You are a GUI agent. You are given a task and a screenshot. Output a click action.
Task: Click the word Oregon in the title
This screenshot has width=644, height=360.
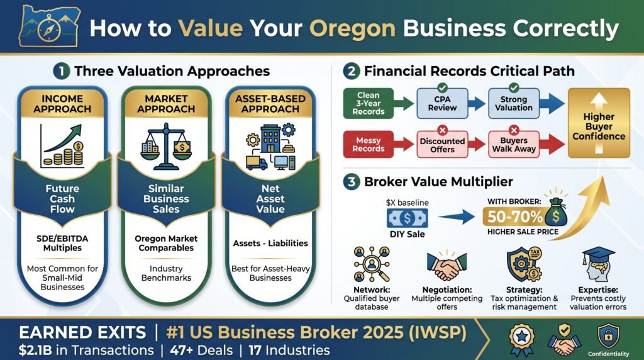point(352,29)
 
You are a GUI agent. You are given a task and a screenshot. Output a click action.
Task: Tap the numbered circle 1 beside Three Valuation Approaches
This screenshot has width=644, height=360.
point(62,71)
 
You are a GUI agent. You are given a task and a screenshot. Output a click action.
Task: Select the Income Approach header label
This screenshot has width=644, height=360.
point(62,104)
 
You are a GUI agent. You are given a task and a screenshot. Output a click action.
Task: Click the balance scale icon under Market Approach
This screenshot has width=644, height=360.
point(166,146)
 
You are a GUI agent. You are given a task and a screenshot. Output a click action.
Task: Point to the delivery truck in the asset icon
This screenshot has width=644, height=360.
point(257,162)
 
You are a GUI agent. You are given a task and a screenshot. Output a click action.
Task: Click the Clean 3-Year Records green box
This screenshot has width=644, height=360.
point(369,104)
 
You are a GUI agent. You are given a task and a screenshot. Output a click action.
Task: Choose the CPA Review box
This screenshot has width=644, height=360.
point(442,104)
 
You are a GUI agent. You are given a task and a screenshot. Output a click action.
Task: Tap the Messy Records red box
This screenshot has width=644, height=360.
point(369,145)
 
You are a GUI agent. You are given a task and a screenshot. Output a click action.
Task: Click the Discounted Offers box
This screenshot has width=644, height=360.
point(442,145)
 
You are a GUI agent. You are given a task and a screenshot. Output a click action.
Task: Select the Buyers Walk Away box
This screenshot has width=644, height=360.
point(514,145)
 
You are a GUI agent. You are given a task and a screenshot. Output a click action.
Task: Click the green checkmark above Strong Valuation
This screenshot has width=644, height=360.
point(514,87)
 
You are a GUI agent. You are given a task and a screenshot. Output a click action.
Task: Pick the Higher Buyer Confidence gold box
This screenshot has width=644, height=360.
point(599,123)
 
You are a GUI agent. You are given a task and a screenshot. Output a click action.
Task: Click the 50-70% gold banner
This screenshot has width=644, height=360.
point(516,217)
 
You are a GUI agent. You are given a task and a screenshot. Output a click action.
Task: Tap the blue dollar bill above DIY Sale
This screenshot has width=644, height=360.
point(407,218)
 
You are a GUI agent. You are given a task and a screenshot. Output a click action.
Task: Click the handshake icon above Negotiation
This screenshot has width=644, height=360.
point(447,266)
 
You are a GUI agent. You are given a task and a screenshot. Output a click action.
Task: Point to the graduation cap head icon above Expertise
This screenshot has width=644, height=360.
point(598,264)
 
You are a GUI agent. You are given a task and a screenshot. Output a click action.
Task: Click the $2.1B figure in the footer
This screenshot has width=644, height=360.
point(35,350)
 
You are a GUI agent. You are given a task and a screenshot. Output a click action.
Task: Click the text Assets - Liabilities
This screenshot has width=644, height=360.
point(270,244)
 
